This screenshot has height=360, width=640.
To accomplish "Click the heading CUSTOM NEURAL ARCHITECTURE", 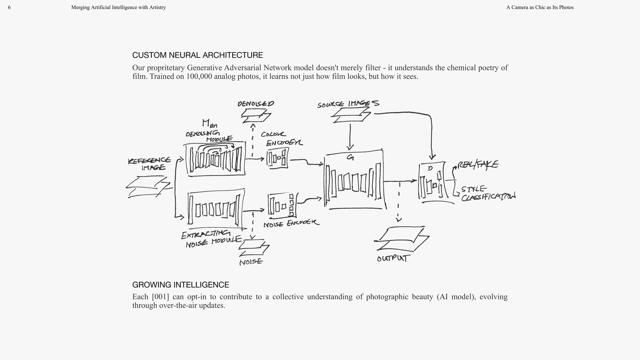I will [197, 55].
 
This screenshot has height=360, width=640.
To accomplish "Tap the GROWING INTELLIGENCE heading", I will [180, 285].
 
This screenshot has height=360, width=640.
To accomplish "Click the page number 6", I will [9, 7].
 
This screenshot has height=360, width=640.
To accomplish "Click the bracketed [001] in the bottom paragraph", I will [160, 297].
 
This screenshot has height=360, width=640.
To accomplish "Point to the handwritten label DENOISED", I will [256, 104].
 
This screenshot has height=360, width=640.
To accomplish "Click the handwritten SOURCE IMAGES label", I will [348, 104].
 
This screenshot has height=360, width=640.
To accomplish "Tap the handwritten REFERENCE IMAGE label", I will [150, 164].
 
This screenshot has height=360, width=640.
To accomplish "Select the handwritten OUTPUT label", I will [392, 258].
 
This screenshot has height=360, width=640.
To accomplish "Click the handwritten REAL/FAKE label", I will [478, 165].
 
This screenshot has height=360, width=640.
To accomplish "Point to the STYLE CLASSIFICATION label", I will [488, 194].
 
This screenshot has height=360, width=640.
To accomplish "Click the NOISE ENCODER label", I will [291, 223].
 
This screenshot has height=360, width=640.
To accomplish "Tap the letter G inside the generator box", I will [350, 157].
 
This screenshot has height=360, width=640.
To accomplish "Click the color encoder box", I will [277, 158].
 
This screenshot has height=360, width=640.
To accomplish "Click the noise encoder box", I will [282, 205].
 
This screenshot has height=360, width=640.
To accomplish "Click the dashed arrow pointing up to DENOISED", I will [253, 140].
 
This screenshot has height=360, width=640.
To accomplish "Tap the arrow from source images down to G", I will [350, 137].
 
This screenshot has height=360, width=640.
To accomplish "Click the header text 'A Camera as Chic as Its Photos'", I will [540, 7].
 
